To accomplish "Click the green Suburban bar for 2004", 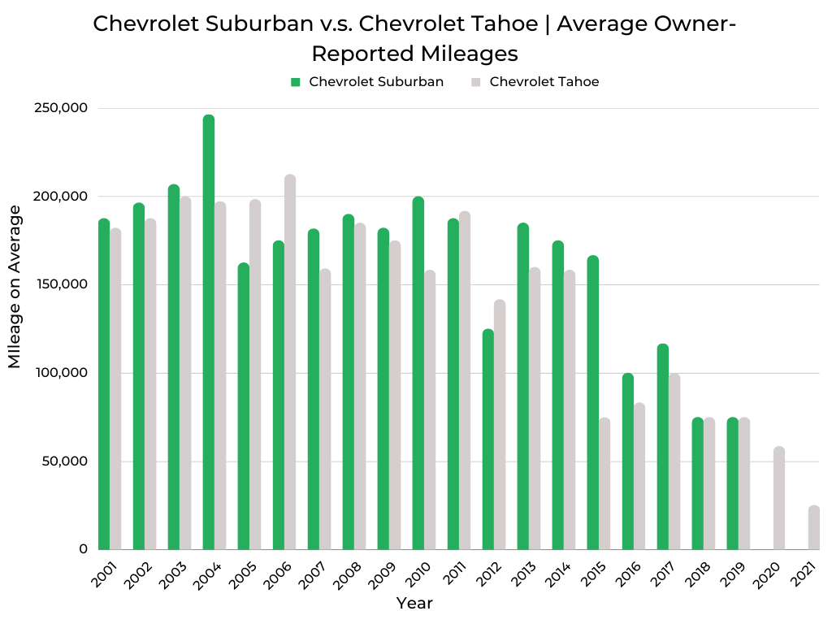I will point(209,333).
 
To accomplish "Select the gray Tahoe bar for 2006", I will point(290,362).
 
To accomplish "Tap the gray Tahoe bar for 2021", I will point(814,528).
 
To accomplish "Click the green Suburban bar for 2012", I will point(487,440).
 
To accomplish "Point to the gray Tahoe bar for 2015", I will point(604,484).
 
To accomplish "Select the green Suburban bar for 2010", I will point(418,373).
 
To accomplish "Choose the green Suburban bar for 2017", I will point(663,447).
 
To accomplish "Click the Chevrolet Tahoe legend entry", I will point(544,82).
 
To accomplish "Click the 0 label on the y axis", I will point(83,549).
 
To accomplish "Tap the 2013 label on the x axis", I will point(525,572).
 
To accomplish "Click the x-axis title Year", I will point(414,604).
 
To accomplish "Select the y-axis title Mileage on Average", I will point(15,287).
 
